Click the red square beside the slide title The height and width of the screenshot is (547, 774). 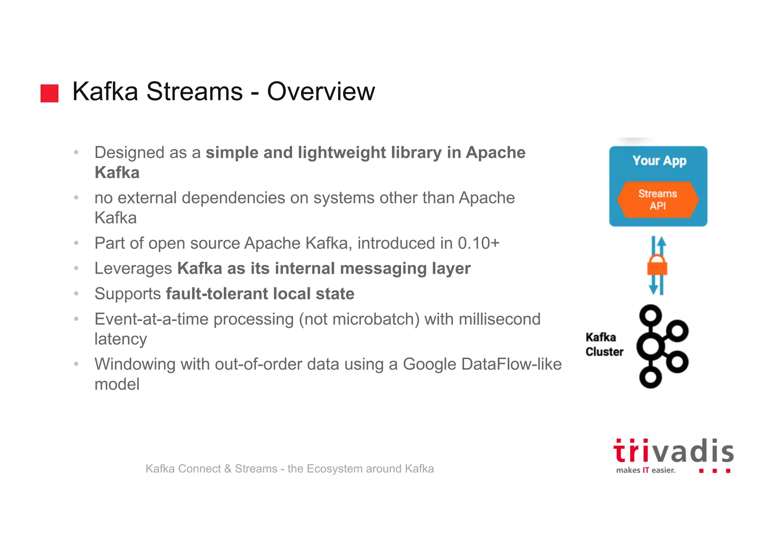point(50,93)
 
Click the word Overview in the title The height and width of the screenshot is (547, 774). point(321,91)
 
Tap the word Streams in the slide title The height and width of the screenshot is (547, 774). point(194,91)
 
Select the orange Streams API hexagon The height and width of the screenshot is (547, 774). point(658,200)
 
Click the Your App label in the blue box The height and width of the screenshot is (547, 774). point(659,161)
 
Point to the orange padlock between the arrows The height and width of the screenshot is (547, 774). point(657,265)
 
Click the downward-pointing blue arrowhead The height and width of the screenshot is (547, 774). point(653,289)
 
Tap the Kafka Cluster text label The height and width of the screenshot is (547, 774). point(604,344)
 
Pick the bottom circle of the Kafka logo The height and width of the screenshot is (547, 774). point(650,377)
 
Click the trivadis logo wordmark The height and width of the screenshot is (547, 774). point(673,451)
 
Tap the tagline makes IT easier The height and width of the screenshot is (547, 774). point(646,470)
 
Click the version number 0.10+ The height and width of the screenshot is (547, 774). point(478,243)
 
